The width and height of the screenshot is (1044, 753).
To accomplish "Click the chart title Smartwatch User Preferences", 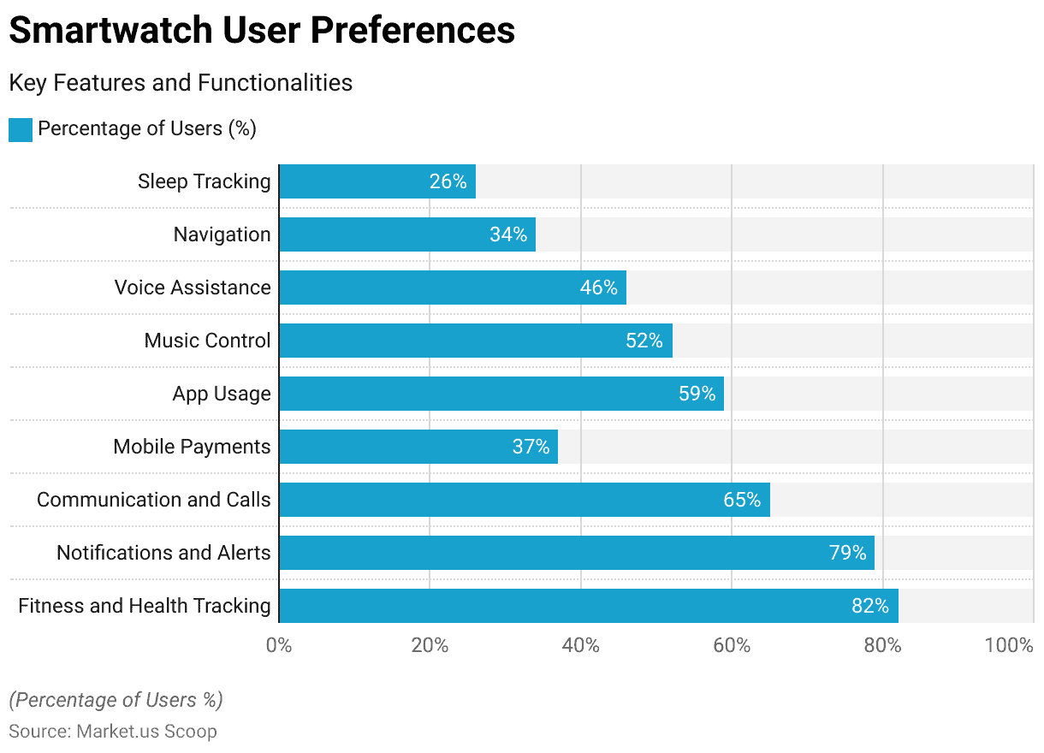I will [262, 31].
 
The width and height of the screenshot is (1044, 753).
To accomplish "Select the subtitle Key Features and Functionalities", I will [181, 83].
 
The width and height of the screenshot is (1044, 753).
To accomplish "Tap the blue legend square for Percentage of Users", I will [20, 129].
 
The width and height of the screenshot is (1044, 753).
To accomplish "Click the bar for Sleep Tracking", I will [377, 181].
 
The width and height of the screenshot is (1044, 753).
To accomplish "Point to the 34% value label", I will [508, 234].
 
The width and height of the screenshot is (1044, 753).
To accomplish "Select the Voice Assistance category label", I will [193, 288].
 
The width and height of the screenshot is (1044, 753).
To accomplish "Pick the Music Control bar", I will [475, 341].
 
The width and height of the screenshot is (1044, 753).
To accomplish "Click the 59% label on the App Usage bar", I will [697, 394].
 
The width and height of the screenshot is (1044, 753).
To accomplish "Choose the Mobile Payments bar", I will [418, 447].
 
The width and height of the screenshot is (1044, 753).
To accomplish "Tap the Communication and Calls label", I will [154, 500].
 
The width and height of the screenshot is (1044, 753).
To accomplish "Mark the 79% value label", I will [847, 553].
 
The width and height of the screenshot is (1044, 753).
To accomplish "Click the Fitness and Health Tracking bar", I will [588, 606].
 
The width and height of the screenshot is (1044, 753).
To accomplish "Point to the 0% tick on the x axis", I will [279, 645].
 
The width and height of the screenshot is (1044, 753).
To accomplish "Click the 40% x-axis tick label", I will [581, 645].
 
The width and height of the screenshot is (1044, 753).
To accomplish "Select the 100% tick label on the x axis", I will [1009, 645].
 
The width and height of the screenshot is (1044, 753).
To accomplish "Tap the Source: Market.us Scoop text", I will [113, 732].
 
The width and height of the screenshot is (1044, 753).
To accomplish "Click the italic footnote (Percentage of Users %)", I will [116, 700].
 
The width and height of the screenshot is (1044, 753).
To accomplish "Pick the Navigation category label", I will [222, 234].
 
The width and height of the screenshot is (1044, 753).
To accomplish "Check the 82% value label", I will [870, 606].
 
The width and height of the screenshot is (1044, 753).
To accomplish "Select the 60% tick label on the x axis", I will [732, 645].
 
